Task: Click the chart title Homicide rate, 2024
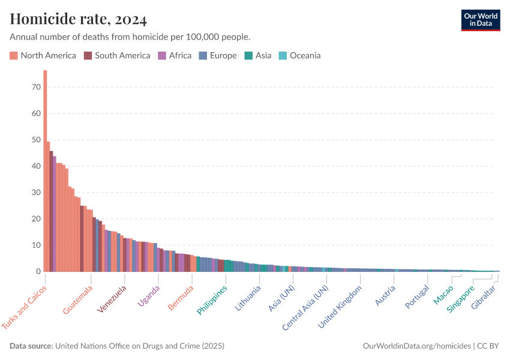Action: (x=79, y=20)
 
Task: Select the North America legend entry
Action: (x=43, y=56)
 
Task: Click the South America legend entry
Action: (x=117, y=56)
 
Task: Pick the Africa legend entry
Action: (x=175, y=56)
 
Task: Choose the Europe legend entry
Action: (x=218, y=56)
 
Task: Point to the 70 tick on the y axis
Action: (x=35, y=87)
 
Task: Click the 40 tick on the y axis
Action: (x=35, y=166)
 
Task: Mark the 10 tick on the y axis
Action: (x=35, y=245)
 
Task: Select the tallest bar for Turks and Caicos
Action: (x=45, y=171)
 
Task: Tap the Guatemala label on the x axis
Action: (x=78, y=299)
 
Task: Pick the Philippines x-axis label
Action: (x=212, y=299)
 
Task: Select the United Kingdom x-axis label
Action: (x=340, y=307)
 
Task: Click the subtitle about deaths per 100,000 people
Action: (x=130, y=37)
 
